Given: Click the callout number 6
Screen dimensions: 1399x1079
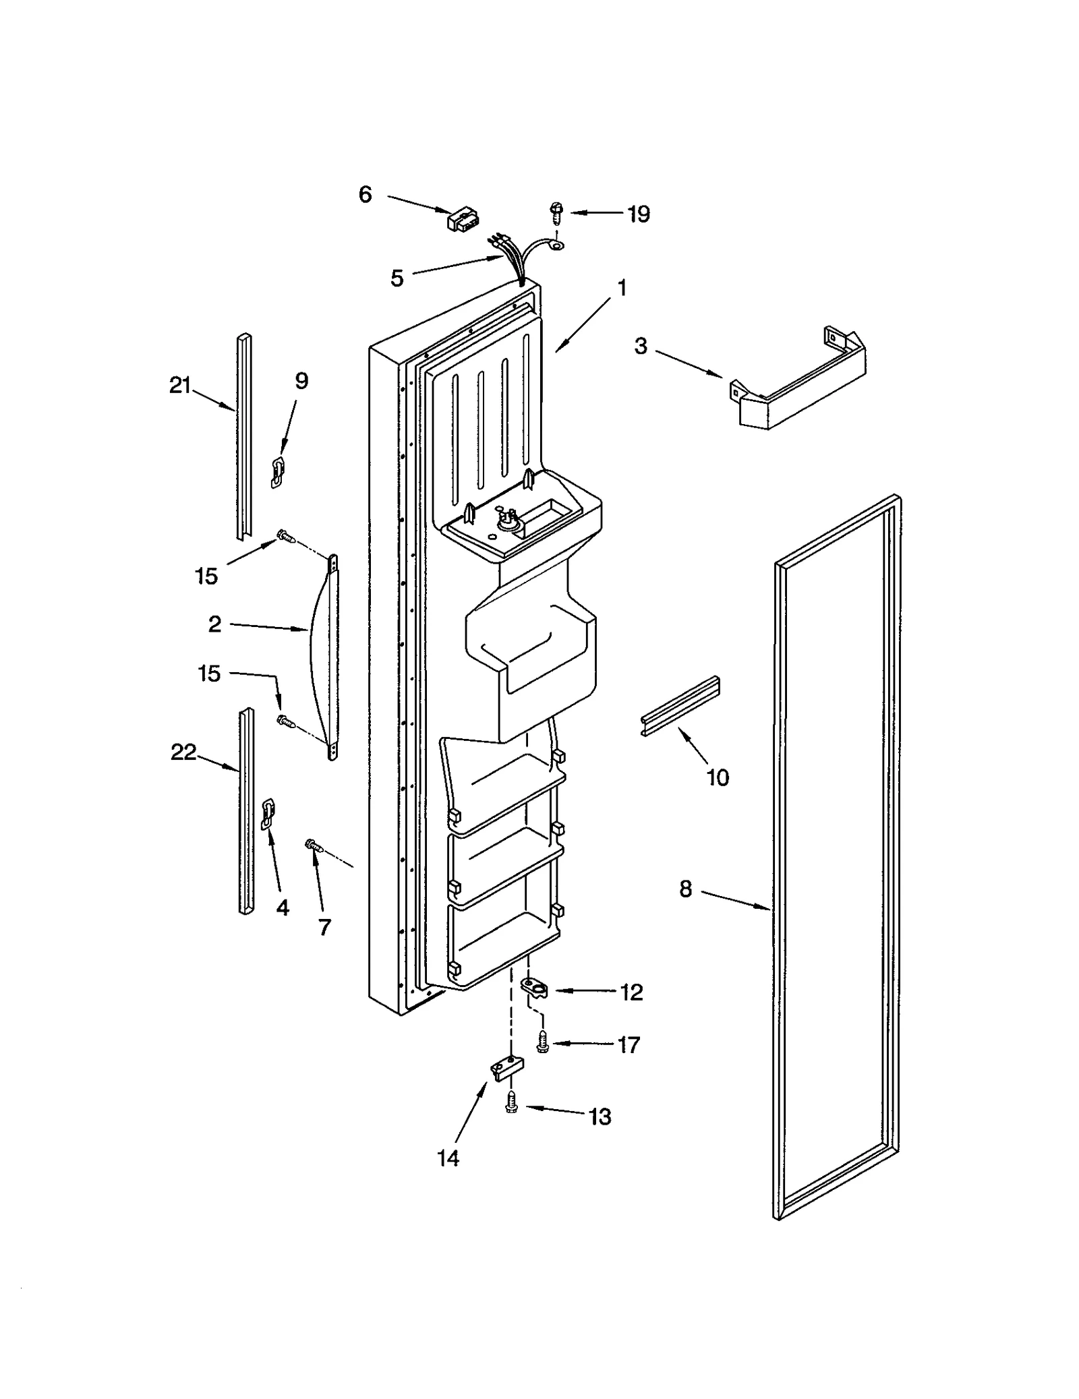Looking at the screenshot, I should tap(365, 195).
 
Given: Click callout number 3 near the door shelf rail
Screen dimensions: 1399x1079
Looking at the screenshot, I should tap(641, 346).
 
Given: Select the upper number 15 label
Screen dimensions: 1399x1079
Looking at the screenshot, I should tap(207, 576).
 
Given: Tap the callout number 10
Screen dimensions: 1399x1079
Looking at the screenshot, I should tap(718, 777).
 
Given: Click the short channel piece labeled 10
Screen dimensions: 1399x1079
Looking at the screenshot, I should tap(680, 715).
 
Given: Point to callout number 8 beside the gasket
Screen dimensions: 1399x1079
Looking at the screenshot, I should tap(685, 889).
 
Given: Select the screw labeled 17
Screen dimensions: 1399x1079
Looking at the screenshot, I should tap(541, 1044).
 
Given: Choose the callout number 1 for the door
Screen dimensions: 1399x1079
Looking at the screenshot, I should tap(622, 288).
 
